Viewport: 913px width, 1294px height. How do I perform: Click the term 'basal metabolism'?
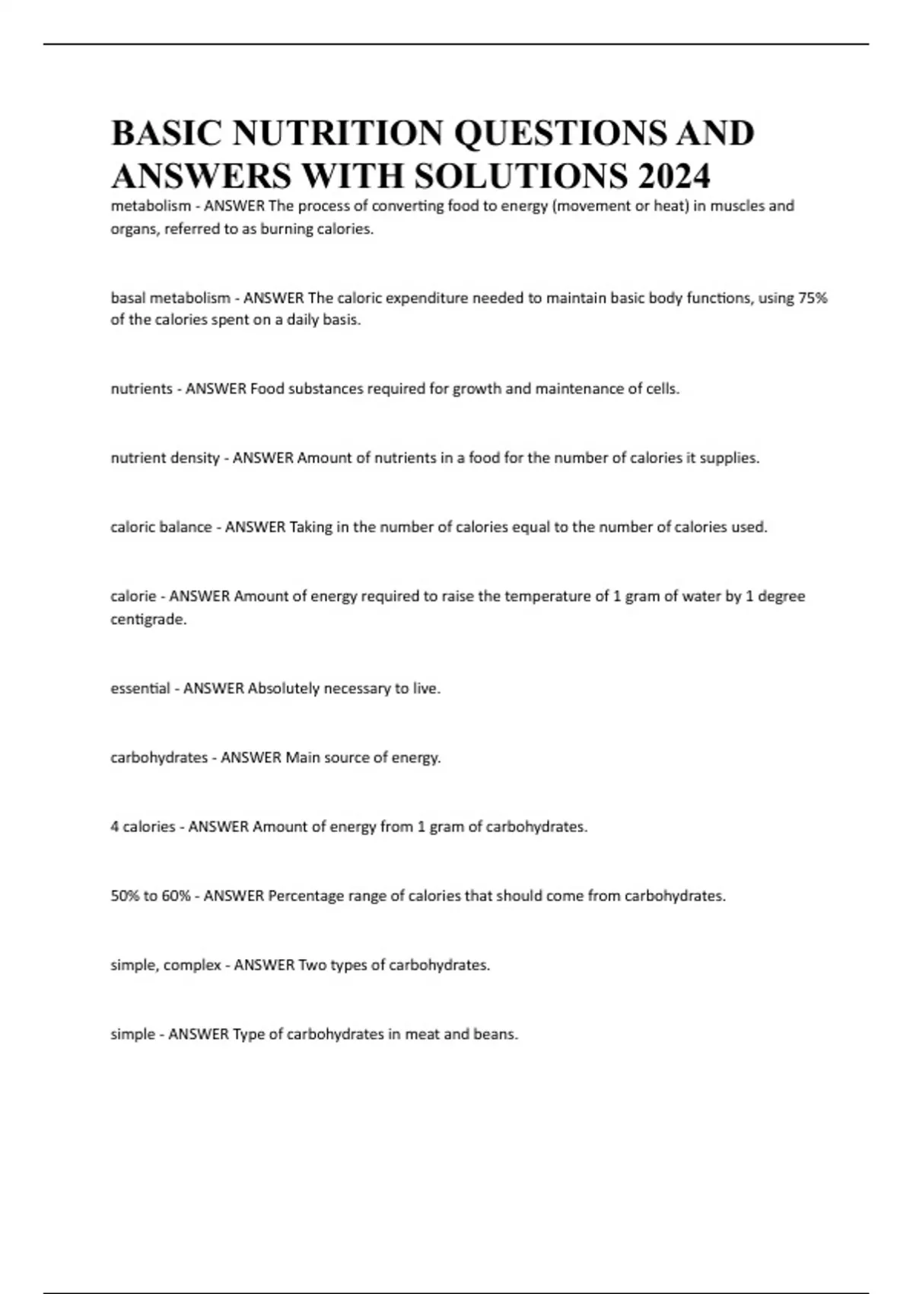click(x=170, y=298)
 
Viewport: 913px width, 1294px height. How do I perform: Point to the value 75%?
click(x=812, y=298)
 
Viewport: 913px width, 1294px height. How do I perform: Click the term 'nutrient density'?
click(x=165, y=458)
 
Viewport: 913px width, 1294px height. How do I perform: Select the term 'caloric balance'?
click(x=161, y=527)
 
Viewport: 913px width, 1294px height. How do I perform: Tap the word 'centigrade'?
click(x=148, y=620)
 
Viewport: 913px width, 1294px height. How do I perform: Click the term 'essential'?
click(x=141, y=689)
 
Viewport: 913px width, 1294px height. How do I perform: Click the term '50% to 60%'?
click(x=151, y=896)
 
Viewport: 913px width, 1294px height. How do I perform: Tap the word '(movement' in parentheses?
click(x=588, y=206)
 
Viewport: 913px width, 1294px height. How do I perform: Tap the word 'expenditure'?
click(x=426, y=298)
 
